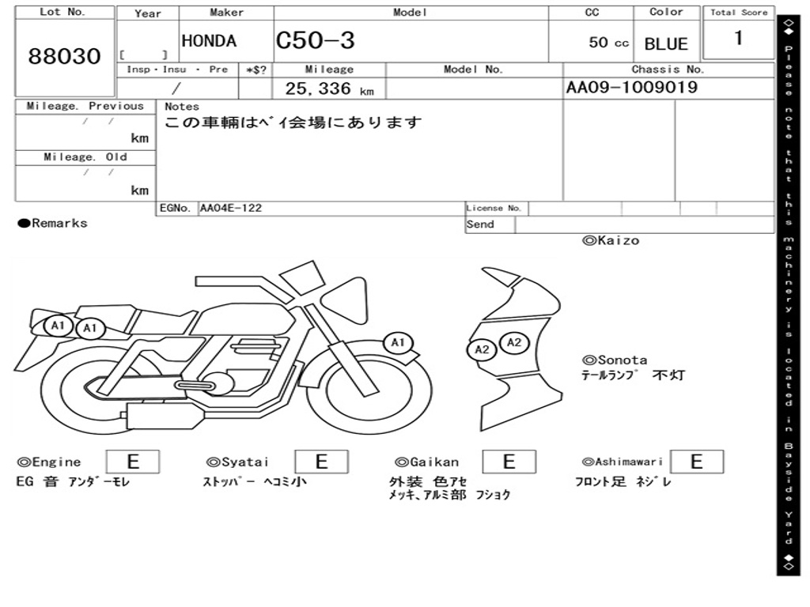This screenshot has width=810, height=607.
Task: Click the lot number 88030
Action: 64,56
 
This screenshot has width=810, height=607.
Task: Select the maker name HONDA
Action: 209,41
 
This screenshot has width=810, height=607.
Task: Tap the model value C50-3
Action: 315,40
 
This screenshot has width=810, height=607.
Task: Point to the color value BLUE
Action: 666,44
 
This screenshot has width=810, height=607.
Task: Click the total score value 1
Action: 739,38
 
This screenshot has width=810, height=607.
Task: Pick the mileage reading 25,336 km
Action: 329,89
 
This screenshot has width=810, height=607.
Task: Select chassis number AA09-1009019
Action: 632,87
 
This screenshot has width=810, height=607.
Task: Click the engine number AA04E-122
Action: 230,208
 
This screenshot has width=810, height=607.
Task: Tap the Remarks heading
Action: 53,223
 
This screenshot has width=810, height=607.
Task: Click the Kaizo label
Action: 611,240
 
